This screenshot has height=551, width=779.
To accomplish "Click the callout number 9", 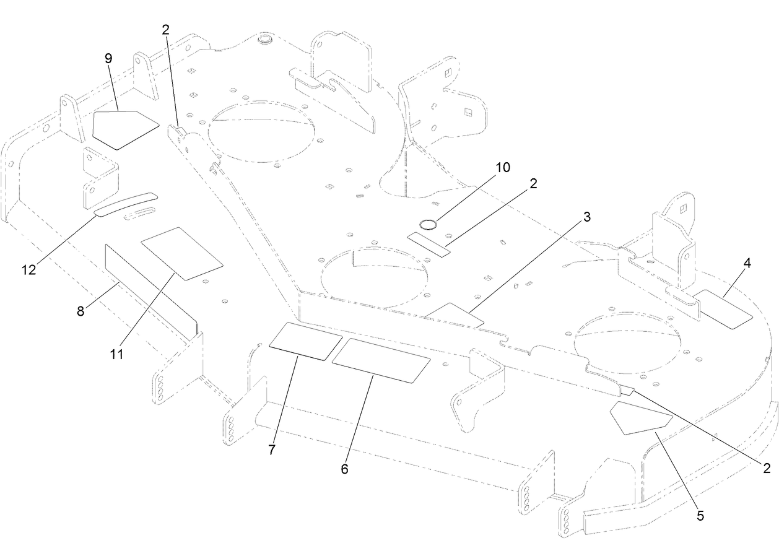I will pyautogui.click(x=108, y=59).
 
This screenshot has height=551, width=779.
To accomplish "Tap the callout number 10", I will pyautogui.click(x=502, y=168).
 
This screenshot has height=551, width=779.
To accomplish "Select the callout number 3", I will pyautogui.click(x=586, y=217).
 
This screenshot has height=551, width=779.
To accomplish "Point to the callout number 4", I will pyautogui.click(x=747, y=263).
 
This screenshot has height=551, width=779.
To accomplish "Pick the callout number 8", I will pyautogui.click(x=81, y=311).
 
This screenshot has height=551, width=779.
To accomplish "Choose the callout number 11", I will pyautogui.click(x=117, y=354).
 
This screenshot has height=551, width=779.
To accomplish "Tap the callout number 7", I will pyautogui.click(x=271, y=450).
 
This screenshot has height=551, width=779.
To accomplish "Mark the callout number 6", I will pyautogui.click(x=344, y=469).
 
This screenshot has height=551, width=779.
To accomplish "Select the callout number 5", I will pyautogui.click(x=700, y=514).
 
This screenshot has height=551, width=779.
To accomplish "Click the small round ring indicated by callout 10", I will pyautogui.click(x=427, y=223).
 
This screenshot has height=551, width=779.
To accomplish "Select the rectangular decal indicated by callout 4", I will pyautogui.click(x=723, y=308).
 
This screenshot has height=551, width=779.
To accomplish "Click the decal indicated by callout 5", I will pyautogui.click(x=640, y=419).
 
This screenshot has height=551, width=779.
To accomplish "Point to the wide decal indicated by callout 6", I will pyautogui.click(x=381, y=360).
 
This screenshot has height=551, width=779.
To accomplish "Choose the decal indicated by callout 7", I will pyautogui.click(x=305, y=341).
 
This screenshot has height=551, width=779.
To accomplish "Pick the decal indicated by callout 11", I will pyautogui.click(x=181, y=253).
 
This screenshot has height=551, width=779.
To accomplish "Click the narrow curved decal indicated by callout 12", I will pyautogui.click(x=126, y=204).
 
